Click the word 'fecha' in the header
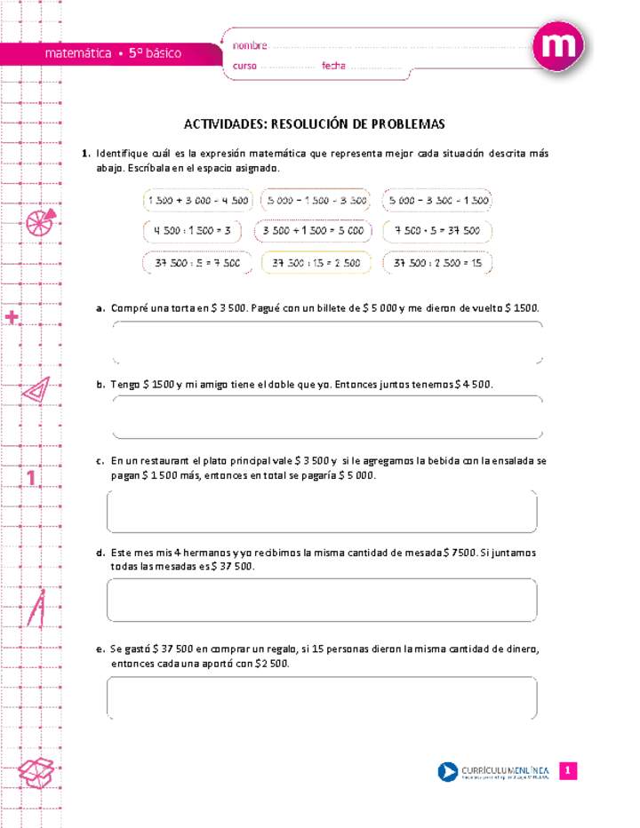point(334,67)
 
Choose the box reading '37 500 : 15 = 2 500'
point(316,263)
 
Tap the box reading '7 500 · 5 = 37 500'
point(436,231)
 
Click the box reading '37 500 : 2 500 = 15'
point(436,263)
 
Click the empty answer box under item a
point(327,343)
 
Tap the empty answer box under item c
point(322,511)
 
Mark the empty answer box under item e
point(322,698)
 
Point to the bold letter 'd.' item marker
point(101,553)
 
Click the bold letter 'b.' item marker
point(101,385)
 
